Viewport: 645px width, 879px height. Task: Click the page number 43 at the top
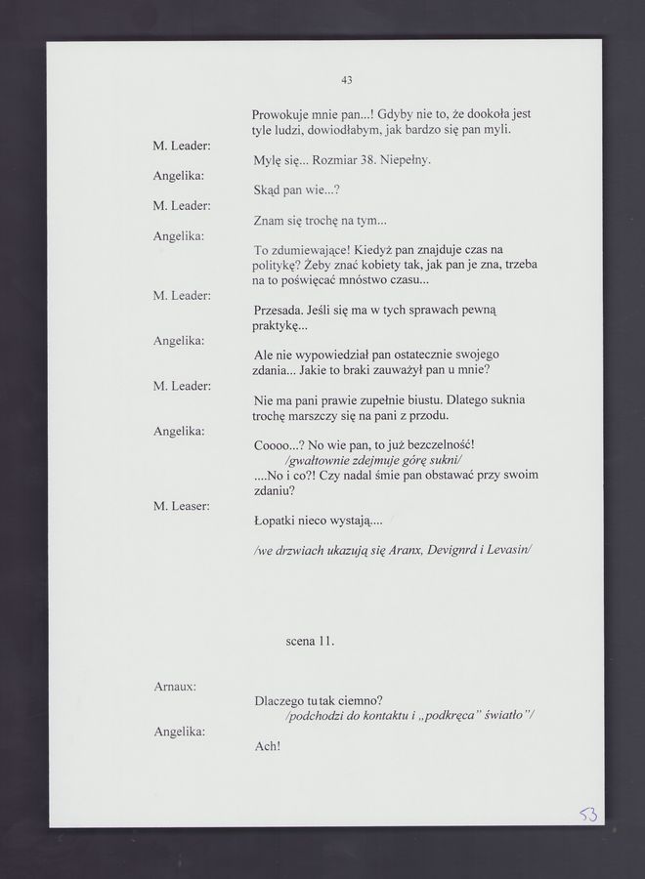coord(347,79)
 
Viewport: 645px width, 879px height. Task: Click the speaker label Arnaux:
coord(176,687)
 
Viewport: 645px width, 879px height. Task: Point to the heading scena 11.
coord(310,642)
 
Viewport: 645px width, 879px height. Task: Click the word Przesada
coord(282,310)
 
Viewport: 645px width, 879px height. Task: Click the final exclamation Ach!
coord(267,746)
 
